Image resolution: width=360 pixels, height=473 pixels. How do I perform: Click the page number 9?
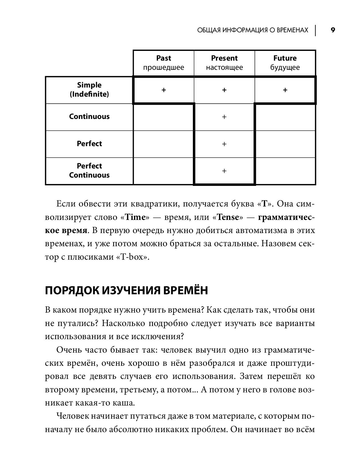333,30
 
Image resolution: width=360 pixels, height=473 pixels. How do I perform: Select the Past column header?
163,63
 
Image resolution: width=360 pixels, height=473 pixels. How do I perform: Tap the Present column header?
224,63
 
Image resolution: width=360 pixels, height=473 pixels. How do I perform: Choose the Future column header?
285,63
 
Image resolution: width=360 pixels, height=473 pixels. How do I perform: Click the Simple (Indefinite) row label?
89,90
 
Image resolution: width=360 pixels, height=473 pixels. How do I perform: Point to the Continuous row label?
89,116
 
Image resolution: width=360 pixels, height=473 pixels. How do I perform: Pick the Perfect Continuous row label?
89,170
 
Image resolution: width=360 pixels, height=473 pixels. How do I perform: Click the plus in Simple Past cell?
164,90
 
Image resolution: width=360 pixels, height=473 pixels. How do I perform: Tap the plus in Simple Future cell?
285,90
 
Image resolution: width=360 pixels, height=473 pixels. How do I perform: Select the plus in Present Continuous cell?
224,117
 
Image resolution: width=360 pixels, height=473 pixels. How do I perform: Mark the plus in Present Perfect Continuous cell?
224,171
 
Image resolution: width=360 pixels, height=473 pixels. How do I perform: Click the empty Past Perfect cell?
163,144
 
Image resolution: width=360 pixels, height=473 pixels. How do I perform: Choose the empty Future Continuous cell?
285,117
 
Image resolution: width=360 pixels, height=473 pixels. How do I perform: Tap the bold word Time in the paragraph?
135,217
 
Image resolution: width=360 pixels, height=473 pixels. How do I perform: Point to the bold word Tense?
228,217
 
